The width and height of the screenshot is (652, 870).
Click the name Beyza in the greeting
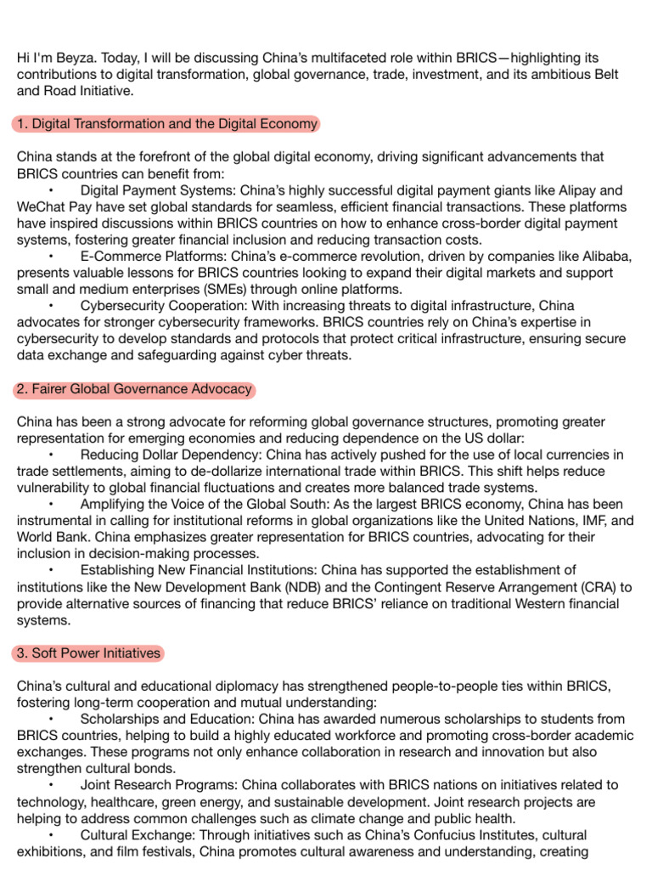[73, 58]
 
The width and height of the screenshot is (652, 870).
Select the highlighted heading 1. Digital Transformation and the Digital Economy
[166, 124]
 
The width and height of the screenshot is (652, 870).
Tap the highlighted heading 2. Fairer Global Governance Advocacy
[134, 389]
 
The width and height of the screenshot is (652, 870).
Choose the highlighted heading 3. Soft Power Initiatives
[88, 653]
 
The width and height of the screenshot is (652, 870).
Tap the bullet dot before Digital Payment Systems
[52, 191]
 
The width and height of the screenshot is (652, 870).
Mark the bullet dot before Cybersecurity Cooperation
[52, 307]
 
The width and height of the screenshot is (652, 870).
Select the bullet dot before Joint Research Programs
[52, 786]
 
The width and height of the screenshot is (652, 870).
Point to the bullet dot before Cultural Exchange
[52, 836]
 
